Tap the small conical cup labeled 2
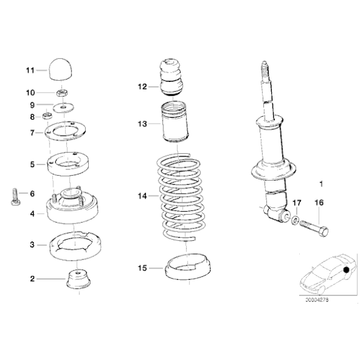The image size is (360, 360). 79,279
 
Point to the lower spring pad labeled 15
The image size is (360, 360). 186,269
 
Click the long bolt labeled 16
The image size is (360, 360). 313,229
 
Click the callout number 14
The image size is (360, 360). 142,196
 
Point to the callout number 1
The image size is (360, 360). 321,184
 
